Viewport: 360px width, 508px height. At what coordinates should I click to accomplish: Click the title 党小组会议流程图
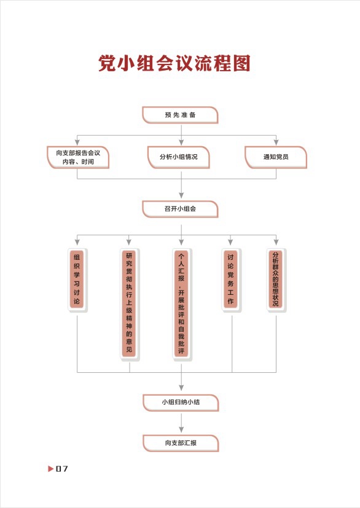174,63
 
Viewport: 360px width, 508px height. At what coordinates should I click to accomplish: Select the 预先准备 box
180,115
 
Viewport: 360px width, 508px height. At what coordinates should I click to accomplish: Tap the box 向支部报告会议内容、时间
78,157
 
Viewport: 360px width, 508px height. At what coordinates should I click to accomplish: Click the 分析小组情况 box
179,157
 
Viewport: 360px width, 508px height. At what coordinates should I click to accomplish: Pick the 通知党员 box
276,157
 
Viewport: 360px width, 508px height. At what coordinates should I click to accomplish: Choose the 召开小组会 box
180,209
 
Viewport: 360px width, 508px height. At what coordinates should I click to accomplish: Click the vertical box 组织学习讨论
77,280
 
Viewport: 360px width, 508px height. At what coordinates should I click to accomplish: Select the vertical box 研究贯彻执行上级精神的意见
129,305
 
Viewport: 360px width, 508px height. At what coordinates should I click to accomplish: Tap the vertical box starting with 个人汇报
181,305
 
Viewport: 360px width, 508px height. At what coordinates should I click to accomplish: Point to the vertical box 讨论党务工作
231,280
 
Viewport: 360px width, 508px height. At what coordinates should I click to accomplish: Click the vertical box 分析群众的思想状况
276,280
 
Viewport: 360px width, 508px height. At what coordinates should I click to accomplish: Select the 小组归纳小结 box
181,403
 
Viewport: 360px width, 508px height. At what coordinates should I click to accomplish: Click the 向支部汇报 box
181,444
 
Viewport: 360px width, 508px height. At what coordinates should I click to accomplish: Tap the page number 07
62,469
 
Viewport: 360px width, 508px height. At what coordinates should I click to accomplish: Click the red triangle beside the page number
50,469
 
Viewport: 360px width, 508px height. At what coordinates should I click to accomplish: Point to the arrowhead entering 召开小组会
181,195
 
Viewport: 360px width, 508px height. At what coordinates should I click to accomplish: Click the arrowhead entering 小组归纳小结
181,388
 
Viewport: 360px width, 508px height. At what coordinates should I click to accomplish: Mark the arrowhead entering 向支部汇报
181,429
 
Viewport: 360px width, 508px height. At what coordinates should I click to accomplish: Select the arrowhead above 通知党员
276,143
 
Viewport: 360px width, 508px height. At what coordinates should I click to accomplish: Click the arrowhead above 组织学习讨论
77,242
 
